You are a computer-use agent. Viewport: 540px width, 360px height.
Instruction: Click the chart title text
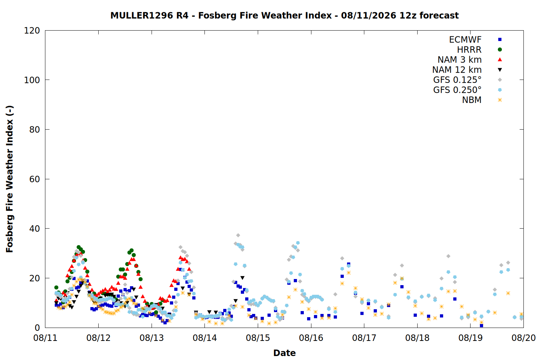(284, 15)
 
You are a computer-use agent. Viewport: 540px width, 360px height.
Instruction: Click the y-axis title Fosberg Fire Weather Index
(9, 179)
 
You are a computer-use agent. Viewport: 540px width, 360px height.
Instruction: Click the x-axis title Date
(284, 353)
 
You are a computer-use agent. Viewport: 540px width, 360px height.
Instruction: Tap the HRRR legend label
(469, 50)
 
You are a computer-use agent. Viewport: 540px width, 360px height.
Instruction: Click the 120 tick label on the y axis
(32, 31)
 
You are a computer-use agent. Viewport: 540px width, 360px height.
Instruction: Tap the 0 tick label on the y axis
(37, 328)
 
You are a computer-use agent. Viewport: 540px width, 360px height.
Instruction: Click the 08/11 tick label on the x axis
(45, 338)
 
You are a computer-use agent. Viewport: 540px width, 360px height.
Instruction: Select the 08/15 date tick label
(258, 338)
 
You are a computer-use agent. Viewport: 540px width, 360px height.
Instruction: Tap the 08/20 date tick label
(523, 338)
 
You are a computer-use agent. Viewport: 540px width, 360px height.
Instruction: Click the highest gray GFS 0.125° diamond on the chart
(238, 235)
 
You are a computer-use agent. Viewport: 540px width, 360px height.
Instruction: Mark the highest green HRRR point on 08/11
(78, 247)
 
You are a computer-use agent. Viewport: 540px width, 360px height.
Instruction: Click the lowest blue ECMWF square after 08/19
(481, 325)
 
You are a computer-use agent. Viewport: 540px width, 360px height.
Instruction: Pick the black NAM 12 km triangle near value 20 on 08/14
(243, 278)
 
